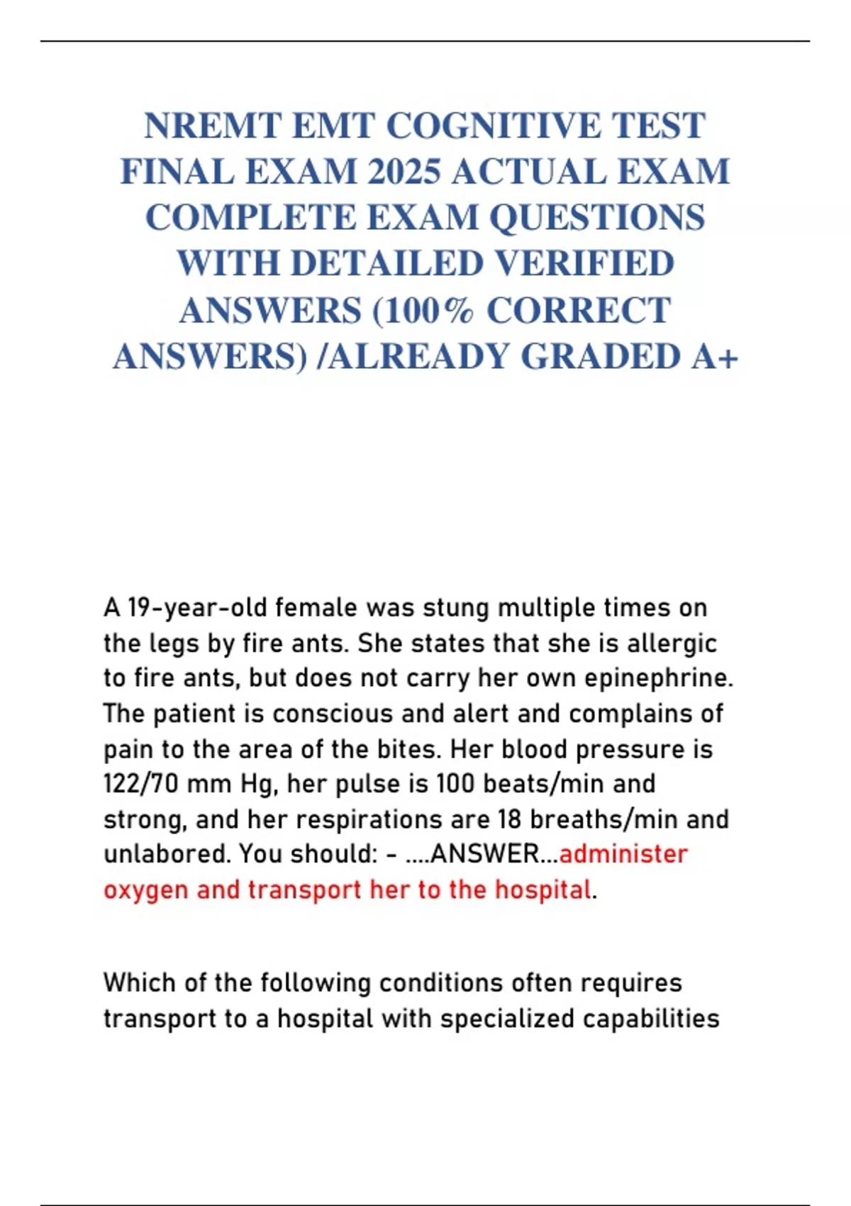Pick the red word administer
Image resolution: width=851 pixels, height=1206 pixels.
[623, 854]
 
